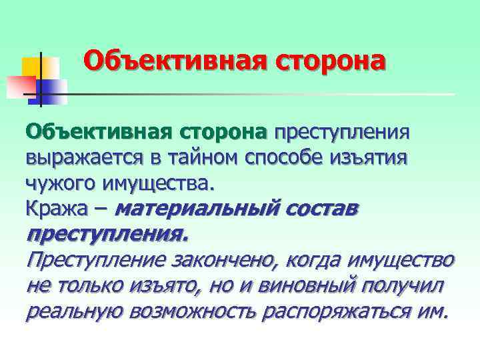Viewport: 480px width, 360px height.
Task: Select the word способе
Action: tap(295, 159)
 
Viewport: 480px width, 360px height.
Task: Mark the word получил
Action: tap(408, 285)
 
